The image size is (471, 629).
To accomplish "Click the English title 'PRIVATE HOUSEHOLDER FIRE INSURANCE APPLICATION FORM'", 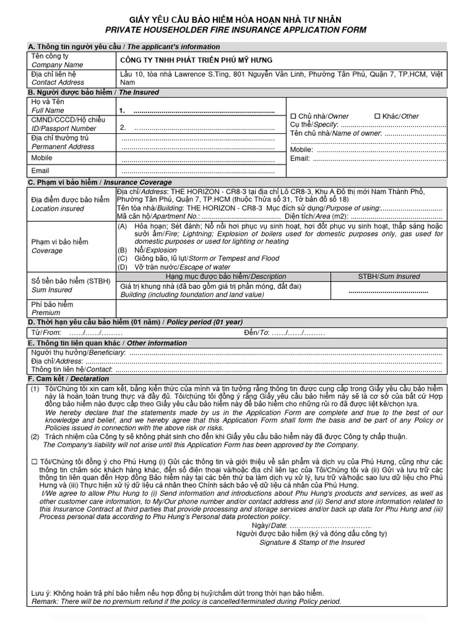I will [x=235, y=30].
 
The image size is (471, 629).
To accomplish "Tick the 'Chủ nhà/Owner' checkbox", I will [x=293, y=116].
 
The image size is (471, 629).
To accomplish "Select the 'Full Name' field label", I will [x=48, y=111].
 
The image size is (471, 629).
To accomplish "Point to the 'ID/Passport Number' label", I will [x=64, y=128].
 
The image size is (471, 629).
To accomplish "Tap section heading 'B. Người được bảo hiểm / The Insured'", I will [x=93, y=92].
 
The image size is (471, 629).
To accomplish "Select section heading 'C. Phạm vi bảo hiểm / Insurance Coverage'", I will [x=100, y=182].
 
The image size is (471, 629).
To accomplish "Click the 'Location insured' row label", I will [x=58, y=209].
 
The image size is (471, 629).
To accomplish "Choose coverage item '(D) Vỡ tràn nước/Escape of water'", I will [x=174, y=267].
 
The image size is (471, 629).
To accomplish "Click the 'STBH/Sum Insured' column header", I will [x=389, y=276].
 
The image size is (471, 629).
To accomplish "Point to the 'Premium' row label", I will [x=46, y=313].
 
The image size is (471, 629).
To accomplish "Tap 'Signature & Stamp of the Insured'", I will [x=312, y=542].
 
